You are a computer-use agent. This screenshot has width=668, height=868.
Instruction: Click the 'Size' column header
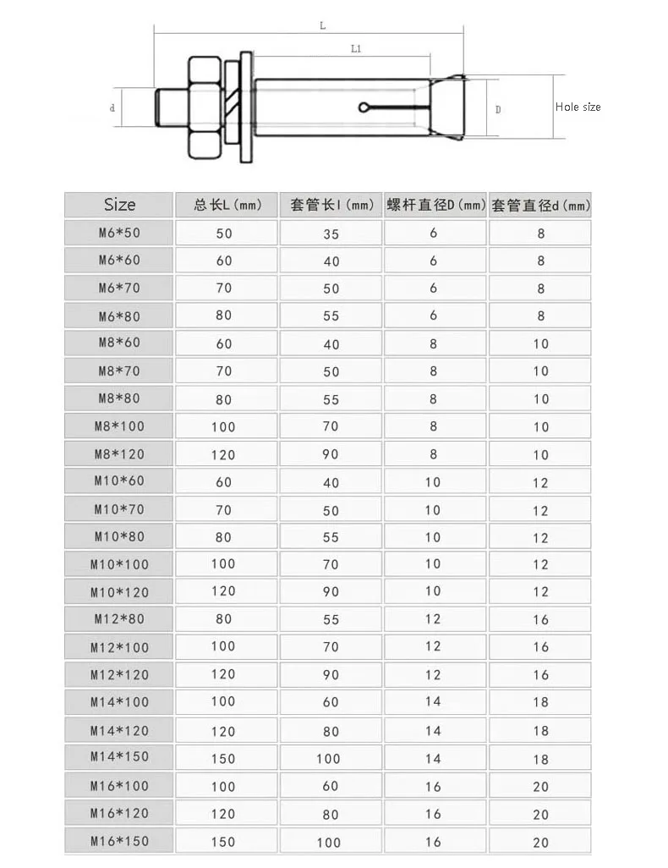119,205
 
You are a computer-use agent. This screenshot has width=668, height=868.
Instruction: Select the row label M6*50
119,233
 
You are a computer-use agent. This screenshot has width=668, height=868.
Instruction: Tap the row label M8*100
119,426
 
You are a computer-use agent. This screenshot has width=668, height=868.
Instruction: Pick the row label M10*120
119,591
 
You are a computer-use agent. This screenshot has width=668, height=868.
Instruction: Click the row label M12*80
119,618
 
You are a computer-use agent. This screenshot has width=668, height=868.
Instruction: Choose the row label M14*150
119,756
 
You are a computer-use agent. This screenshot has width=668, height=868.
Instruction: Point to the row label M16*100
119,785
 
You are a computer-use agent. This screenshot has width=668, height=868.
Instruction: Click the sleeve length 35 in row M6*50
331,233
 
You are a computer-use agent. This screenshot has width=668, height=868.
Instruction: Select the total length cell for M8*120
224,454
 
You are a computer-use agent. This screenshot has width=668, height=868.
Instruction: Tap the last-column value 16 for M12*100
541,647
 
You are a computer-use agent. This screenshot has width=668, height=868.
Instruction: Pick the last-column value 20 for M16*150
541,842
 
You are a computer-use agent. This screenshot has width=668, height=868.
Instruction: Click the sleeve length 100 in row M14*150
329,758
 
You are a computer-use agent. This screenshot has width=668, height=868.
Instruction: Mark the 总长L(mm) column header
227,205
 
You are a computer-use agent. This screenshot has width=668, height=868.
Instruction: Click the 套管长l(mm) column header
332,205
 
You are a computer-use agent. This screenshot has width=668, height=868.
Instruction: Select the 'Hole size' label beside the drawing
578,107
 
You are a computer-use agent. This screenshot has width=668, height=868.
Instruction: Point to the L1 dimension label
356,49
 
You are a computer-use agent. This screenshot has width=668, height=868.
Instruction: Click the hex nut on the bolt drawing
203,107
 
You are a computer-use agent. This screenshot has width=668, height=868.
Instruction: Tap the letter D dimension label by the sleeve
498,109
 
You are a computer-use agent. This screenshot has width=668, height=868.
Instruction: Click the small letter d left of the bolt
112,108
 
